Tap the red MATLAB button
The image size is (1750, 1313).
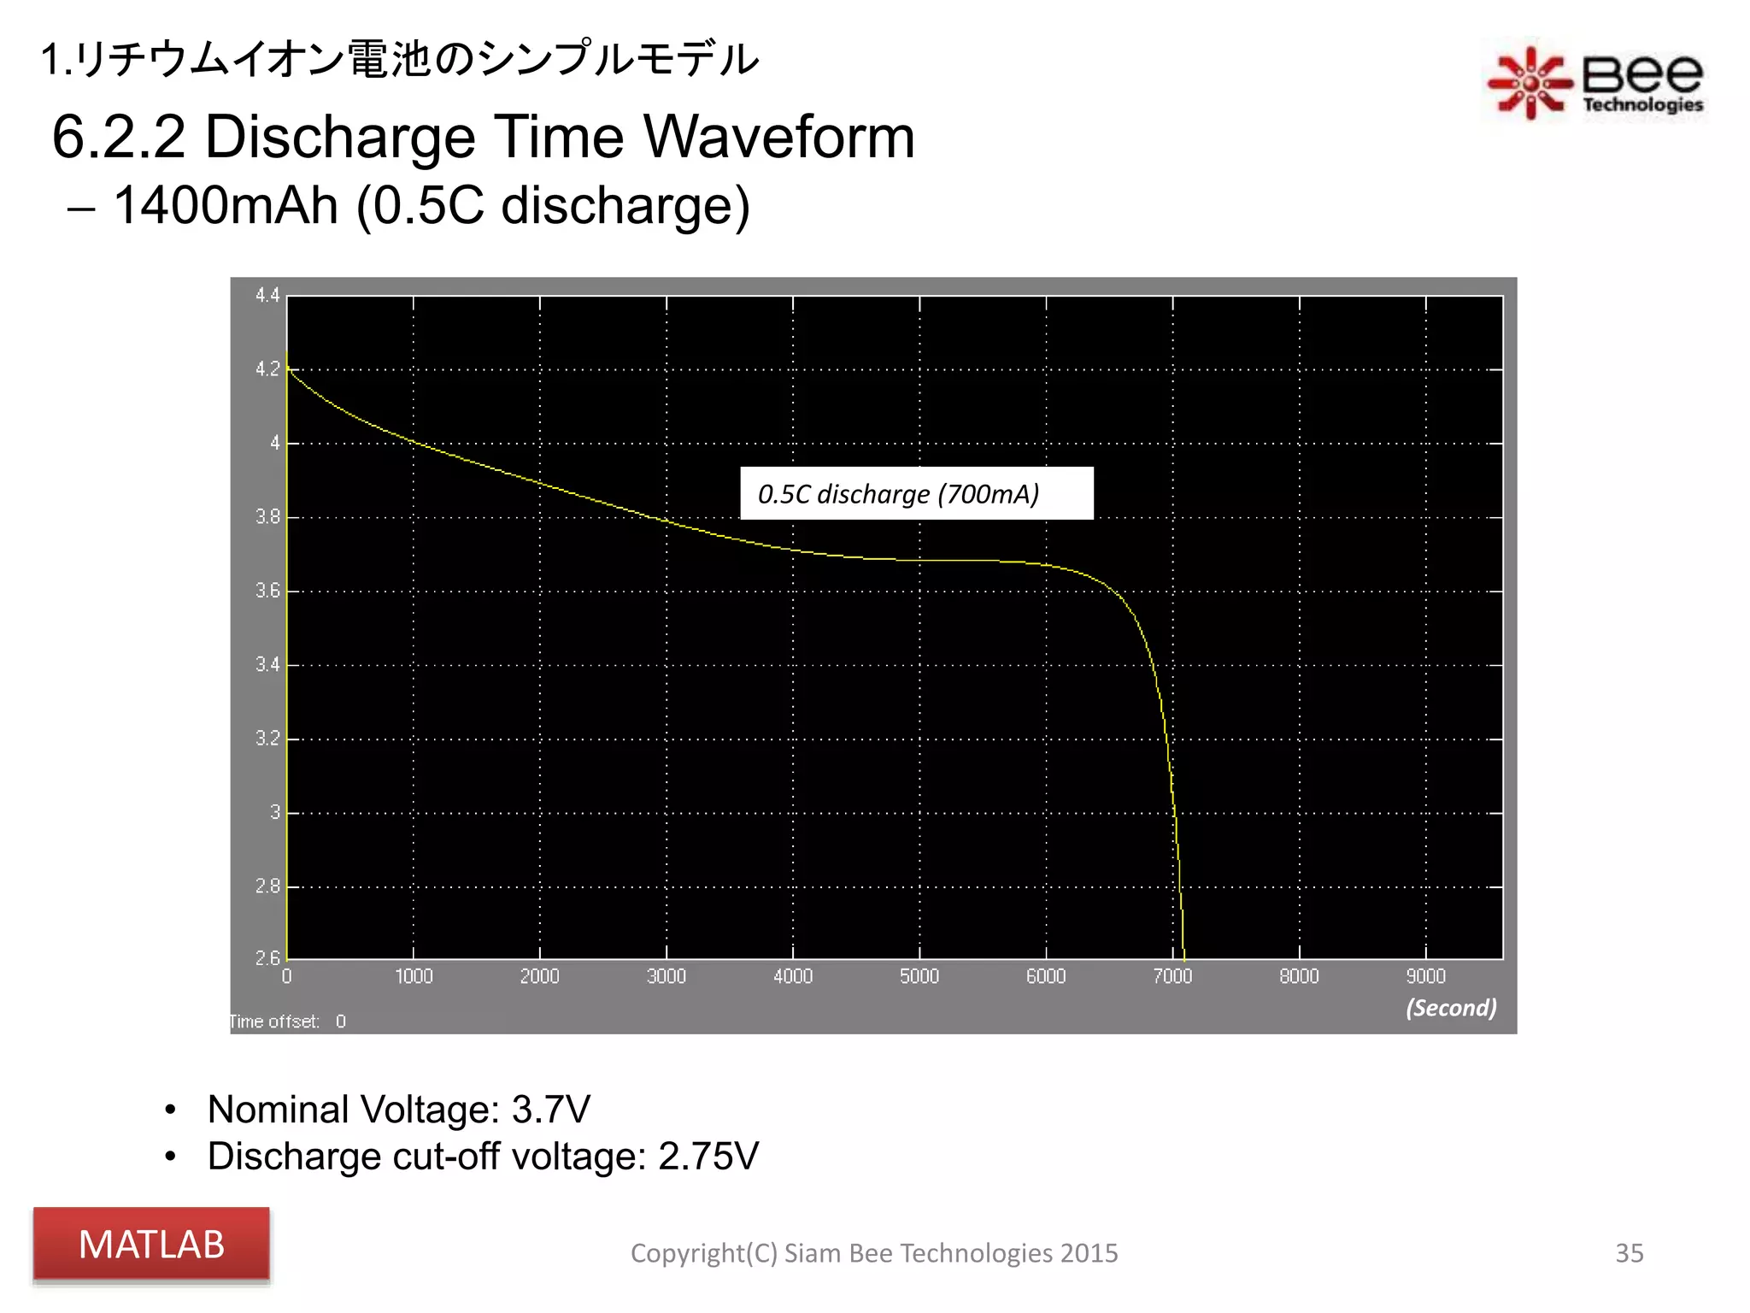click(151, 1245)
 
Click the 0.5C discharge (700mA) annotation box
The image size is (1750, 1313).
click(916, 493)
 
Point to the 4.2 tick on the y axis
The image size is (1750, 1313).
click(267, 369)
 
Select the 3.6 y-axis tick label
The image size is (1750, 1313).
click(267, 591)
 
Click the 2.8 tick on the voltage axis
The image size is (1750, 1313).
click(267, 886)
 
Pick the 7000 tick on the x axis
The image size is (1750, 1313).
click(1172, 976)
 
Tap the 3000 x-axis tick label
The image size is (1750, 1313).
click(666, 976)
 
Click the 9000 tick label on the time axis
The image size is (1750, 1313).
click(1425, 976)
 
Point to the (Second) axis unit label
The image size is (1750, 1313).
click(1451, 1008)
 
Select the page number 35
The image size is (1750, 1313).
click(1629, 1253)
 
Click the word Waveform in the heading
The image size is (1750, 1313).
click(778, 137)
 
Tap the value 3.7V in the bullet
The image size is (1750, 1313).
click(550, 1110)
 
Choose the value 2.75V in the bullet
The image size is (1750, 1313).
click(708, 1157)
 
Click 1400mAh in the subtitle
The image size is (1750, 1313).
click(226, 205)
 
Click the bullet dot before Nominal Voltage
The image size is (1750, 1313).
click(171, 1110)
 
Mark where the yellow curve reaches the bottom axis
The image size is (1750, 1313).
click(1183, 957)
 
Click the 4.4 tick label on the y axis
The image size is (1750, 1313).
click(267, 296)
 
